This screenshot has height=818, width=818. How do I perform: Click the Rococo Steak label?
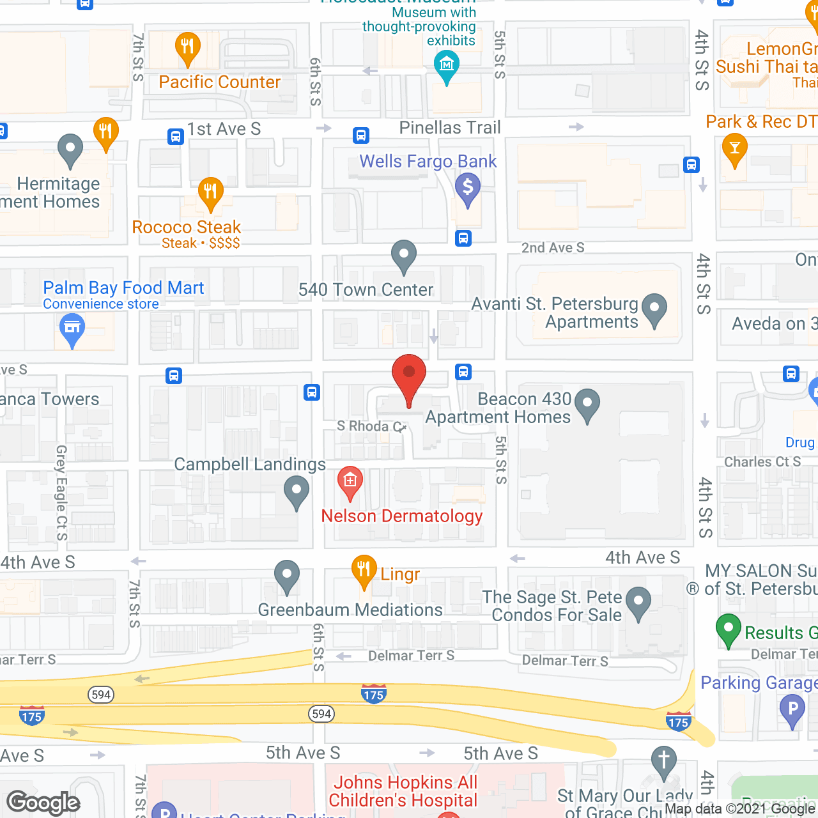pyautogui.click(x=187, y=228)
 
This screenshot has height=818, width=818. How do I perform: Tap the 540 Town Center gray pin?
pyautogui.click(x=404, y=256)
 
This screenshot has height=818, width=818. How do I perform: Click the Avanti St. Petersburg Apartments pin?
pyautogui.click(x=654, y=309)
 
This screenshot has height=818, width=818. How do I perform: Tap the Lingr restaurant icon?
pyautogui.click(x=364, y=570)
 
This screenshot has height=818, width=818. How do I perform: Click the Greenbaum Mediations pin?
pyautogui.click(x=287, y=576)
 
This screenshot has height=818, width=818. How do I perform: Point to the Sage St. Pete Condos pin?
pyautogui.click(x=638, y=603)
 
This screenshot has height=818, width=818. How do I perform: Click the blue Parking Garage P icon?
pyautogui.click(x=792, y=709)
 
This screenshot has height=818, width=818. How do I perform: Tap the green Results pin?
pyautogui.click(x=729, y=629)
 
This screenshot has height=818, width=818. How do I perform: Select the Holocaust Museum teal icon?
pyautogui.click(x=446, y=66)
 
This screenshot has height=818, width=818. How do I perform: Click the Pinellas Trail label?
pyautogui.click(x=450, y=128)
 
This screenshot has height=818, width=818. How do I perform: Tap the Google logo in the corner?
pyautogui.click(x=43, y=803)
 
